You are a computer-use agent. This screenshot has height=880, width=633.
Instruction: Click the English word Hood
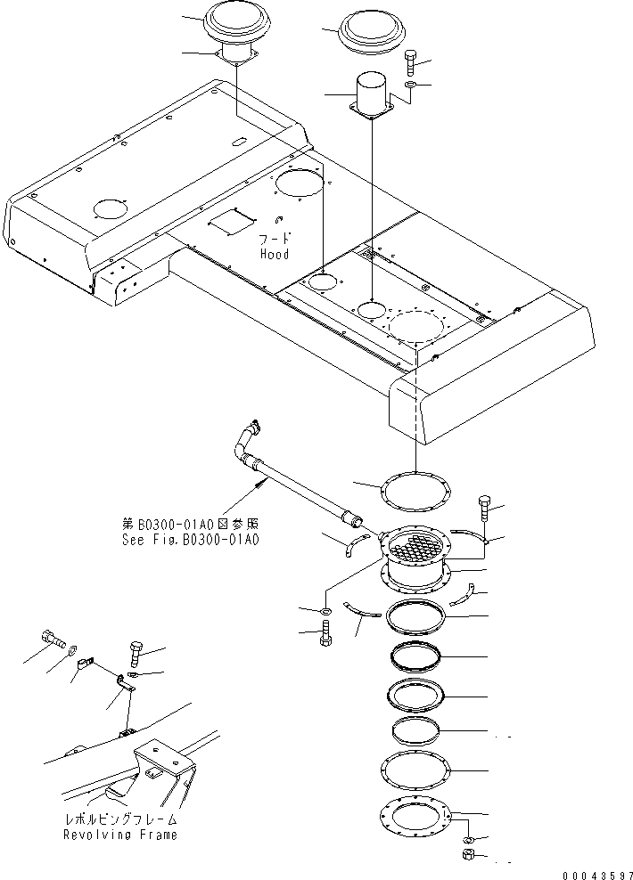tap(275, 254)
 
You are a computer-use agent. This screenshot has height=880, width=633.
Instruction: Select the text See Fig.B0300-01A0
tap(191, 540)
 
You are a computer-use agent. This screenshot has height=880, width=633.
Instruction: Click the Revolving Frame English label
tap(119, 835)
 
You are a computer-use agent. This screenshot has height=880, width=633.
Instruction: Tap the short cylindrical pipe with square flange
tap(370, 93)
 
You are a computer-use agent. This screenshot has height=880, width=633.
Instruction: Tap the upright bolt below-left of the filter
tap(325, 634)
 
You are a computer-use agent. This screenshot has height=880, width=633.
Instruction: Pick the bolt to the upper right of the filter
tap(484, 507)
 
